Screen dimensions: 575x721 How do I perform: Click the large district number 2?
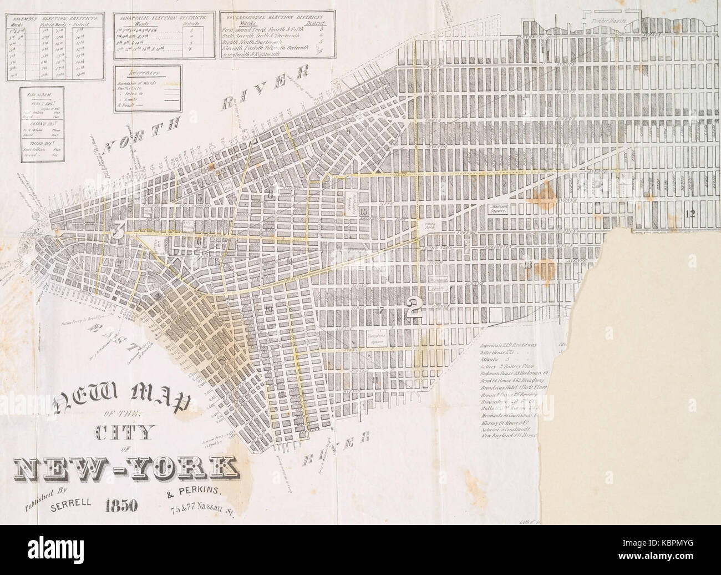click(x=413, y=307)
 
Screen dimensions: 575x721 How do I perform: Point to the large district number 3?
click(x=117, y=232)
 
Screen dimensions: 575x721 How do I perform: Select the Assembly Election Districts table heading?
click(x=53, y=18)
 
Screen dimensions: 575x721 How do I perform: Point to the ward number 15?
click(x=364, y=212)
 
